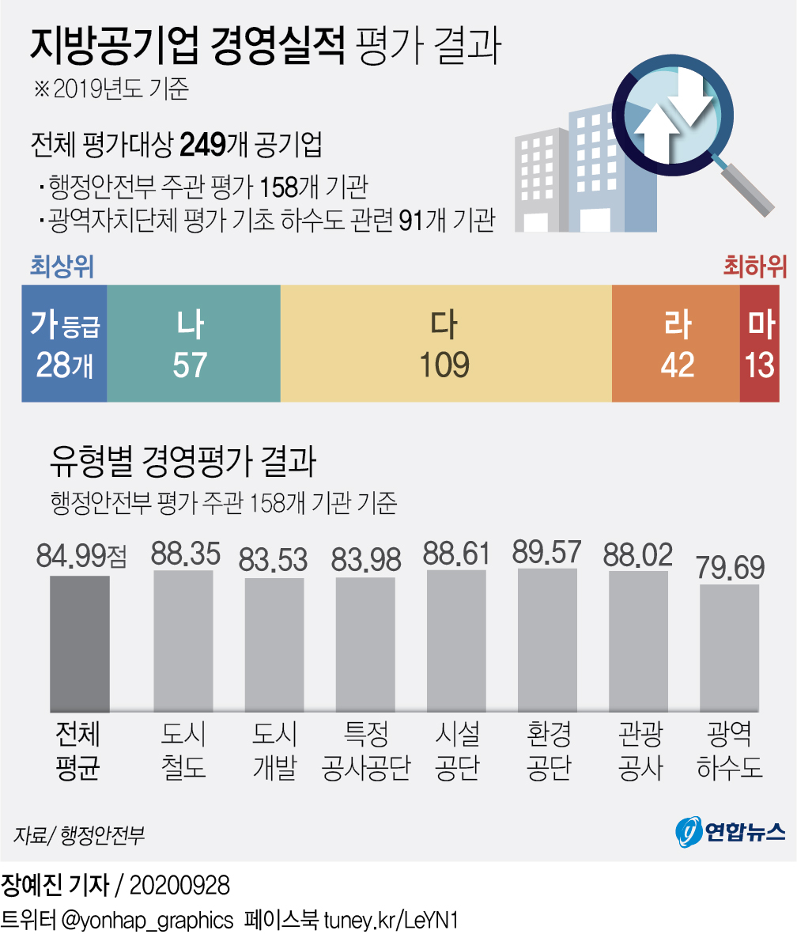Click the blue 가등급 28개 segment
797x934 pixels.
pyautogui.click(x=64, y=343)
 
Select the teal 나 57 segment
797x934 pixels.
pyautogui.click(x=193, y=343)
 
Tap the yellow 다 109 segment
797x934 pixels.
pyautogui.click(x=446, y=343)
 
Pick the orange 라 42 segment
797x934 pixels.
pyautogui.click(x=676, y=343)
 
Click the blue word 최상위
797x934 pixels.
pyautogui.click(x=62, y=267)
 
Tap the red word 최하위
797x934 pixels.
pyautogui.click(x=754, y=267)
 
